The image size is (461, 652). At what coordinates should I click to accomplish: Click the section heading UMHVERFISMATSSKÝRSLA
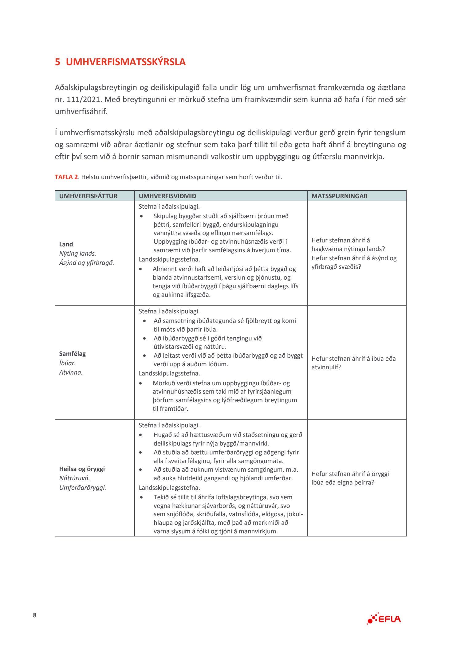pos(126,62)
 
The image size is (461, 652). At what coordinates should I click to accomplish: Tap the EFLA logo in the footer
pos(384,619)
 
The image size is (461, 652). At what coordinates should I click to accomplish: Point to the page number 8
pos(35,615)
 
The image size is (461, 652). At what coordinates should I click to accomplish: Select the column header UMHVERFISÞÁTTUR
pos(88,196)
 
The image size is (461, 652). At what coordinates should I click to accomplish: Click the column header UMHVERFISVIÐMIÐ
pos(167,196)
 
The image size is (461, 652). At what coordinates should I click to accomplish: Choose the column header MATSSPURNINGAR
pos(339,196)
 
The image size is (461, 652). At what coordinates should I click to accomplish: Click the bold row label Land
pos(66,244)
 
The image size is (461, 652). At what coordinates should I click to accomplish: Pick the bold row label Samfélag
pos(73,354)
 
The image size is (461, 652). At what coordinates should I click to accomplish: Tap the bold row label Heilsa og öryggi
pos(82,469)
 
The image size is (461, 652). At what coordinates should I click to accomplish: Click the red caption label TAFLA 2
pos(66,177)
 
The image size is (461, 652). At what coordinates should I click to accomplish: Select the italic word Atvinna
pos(71,372)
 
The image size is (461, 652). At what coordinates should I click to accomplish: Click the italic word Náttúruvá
pos(74,478)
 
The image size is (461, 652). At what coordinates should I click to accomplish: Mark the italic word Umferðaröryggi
pos(83,488)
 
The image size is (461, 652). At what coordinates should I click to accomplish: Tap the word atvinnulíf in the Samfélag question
pos(326,367)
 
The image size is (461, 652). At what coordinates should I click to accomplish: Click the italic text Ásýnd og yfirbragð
pos(87,263)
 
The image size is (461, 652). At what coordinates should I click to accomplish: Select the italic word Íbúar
pos(67,363)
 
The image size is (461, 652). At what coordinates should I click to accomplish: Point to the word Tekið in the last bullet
pos(161,497)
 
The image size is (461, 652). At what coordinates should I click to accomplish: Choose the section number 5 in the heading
pos(57,62)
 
